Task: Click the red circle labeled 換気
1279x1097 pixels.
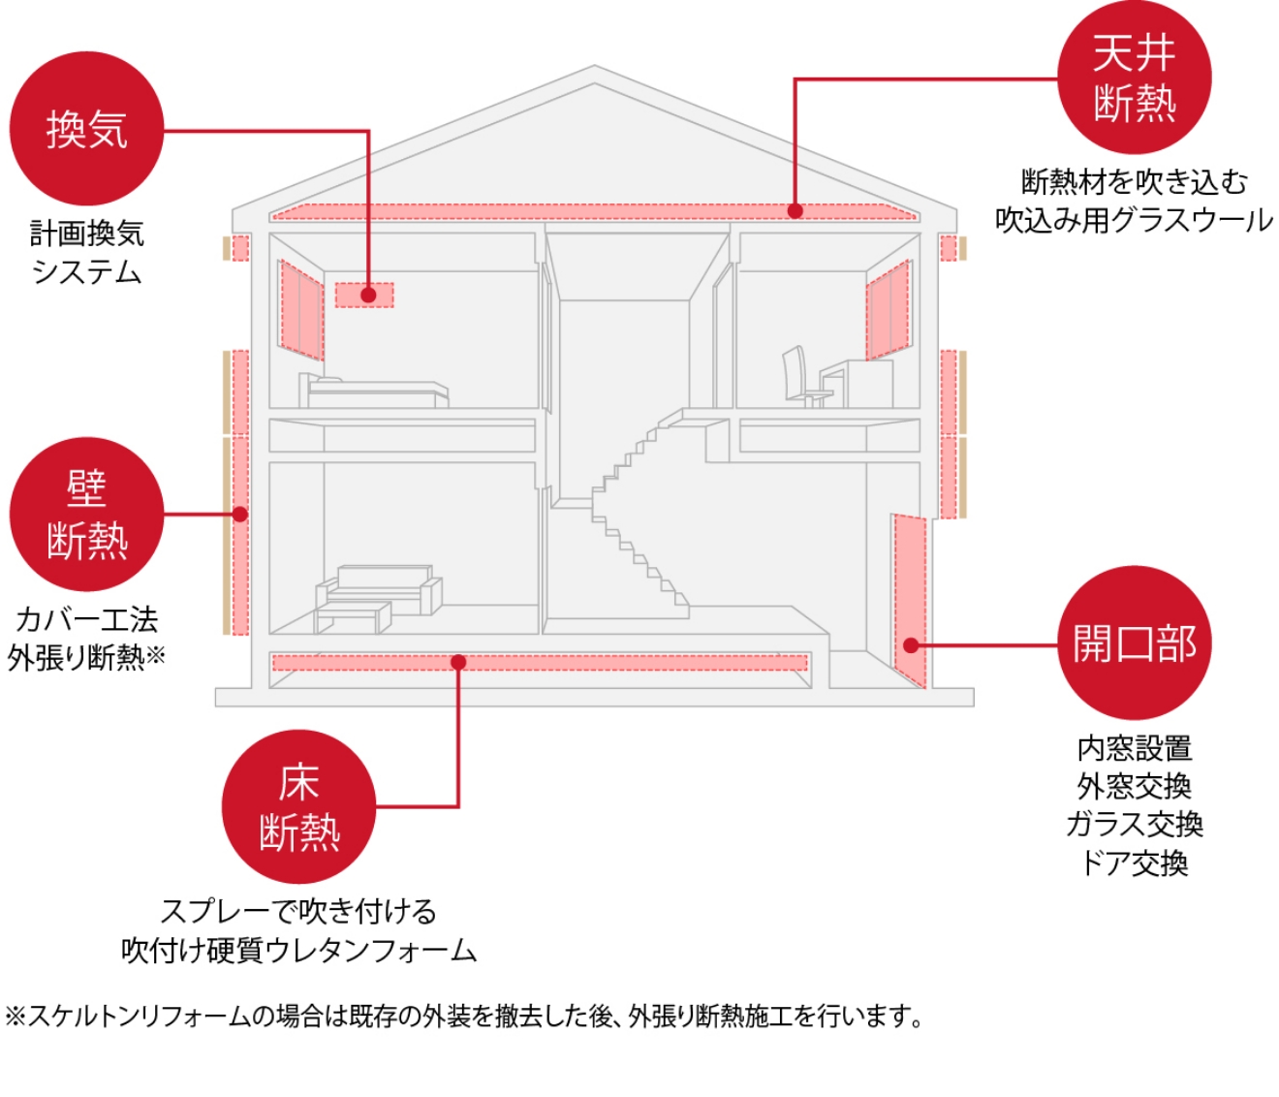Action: tap(86, 129)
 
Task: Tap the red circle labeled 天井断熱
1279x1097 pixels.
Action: tap(1134, 78)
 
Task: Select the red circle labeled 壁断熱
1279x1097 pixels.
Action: tap(86, 515)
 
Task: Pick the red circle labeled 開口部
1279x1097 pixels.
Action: tap(1134, 643)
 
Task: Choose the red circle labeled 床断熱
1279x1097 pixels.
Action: tap(298, 806)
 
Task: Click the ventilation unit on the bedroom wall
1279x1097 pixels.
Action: tap(364, 294)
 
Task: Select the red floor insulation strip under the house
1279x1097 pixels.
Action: tap(539, 663)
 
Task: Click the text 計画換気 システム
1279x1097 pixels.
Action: tap(86, 252)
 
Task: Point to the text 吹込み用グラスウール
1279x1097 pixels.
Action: tap(1134, 221)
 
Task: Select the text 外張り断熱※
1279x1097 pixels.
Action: tap(86, 658)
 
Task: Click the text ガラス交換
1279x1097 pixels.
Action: tap(1134, 824)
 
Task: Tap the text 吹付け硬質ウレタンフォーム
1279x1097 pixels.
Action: tap(298, 950)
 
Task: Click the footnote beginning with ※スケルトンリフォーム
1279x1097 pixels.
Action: tap(463, 1017)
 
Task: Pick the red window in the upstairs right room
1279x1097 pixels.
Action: tap(888, 311)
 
